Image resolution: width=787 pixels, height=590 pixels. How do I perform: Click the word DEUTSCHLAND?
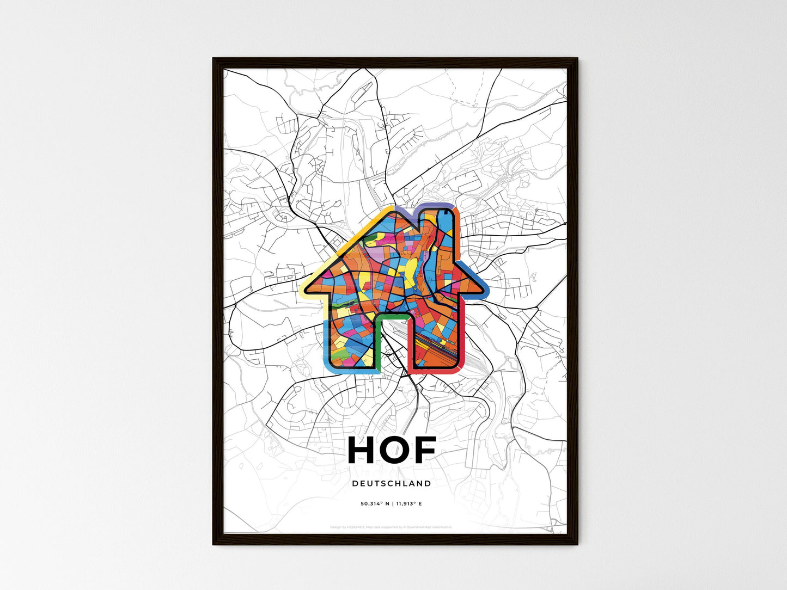coord(391,483)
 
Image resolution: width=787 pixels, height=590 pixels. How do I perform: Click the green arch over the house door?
coord(391,316)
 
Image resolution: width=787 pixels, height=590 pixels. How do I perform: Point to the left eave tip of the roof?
coord(305,288)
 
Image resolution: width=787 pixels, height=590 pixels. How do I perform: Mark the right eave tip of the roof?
coord(481,288)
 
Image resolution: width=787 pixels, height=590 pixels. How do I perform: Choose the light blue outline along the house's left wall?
coord(326,343)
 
